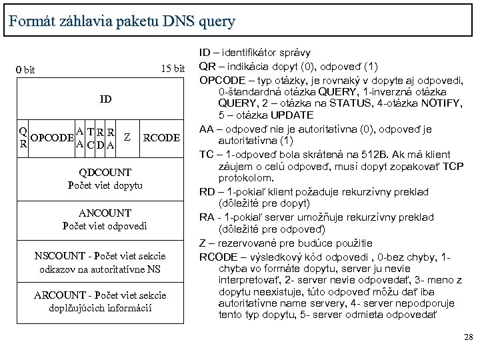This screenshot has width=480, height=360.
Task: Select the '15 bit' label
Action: click(173, 69)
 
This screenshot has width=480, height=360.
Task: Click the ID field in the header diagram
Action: click(105, 99)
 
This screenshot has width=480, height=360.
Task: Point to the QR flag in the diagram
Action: click(23, 137)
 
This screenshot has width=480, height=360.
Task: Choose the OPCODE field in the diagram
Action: click(51, 138)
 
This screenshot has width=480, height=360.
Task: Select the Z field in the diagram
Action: click(127, 137)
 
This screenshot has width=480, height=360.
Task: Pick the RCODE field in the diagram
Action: click(161, 138)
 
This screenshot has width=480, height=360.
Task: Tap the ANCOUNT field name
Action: click(105, 213)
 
